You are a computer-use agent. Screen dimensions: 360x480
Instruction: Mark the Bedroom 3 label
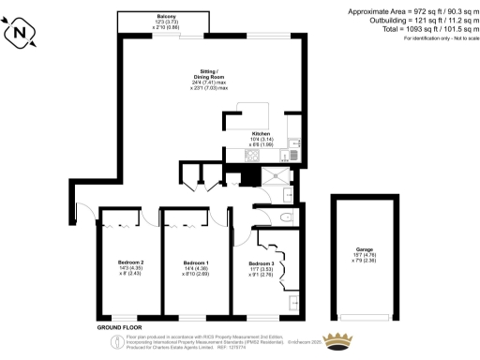click(261, 268)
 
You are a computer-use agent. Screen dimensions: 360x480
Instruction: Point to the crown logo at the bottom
click(337, 340)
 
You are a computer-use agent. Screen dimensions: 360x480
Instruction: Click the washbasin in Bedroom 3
click(294, 302)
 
